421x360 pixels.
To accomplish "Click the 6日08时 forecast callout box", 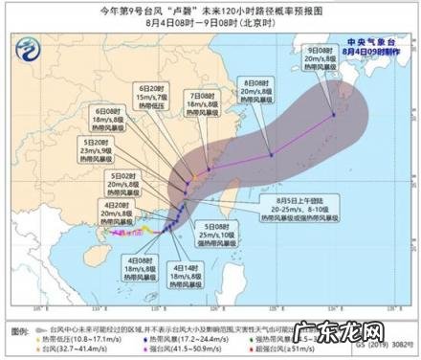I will (x=108, y=122).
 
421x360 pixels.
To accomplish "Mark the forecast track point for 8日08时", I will (x=271, y=153).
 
